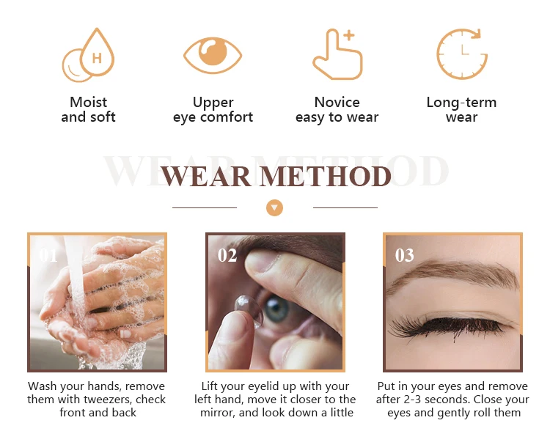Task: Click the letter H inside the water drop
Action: pyautogui.click(x=97, y=58)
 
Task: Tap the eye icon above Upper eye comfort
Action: pyautogui.click(x=213, y=56)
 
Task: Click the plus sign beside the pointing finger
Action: pyautogui.click(x=348, y=35)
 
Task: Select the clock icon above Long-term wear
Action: pyautogui.click(x=462, y=54)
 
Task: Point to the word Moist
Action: pyautogui.click(x=89, y=103)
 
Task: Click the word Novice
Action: pyautogui.click(x=337, y=103)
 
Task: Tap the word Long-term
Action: pyautogui.click(x=461, y=103)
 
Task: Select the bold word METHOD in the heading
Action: pyautogui.click(x=325, y=176)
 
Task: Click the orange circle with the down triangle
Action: pyautogui.click(x=275, y=207)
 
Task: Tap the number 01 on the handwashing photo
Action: pyautogui.click(x=48, y=255)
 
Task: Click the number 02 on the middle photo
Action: pyautogui.click(x=227, y=255)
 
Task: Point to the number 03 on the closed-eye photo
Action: pyautogui.click(x=404, y=255)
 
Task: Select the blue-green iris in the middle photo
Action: pyautogui.click(x=277, y=309)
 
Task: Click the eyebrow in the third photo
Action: pyautogui.click(x=452, y=273)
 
